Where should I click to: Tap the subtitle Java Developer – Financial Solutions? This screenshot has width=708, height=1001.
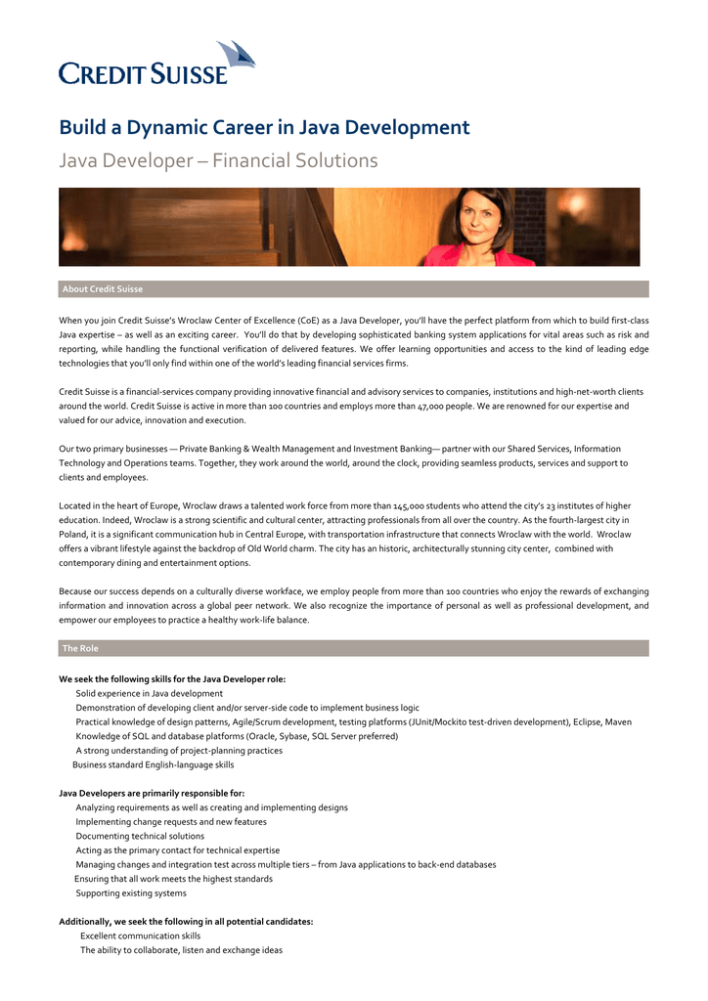click(x=218, y=160)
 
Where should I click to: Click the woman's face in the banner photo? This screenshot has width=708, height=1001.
click(x=486, y=214)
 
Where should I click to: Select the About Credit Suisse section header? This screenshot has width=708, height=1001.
click(x=103, y=289)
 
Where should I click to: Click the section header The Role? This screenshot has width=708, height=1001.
click(x=80, y=648)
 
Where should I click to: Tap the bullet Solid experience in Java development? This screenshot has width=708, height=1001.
click(x=149, y=693)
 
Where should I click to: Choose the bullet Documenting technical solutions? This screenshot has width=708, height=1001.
click(x=140, y=836)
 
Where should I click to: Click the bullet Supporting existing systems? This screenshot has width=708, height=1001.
click(x=131, y=892)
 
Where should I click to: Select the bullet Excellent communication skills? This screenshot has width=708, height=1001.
click(x=140, y=936)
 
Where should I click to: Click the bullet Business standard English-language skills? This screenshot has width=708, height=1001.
click(x=153, y=764)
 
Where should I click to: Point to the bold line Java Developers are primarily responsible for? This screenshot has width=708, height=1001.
click(x=152, y=793)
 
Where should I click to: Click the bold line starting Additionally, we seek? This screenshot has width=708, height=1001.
click(x=186, y=922)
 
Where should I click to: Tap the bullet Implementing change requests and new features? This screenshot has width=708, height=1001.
click(x=171, y=822)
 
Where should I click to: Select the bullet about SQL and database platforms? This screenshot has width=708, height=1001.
click(x=237, y=736)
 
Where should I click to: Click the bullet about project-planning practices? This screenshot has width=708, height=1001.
click(x=179, y=751)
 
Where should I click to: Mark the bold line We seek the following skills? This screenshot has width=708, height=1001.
click(x=172, y=678)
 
